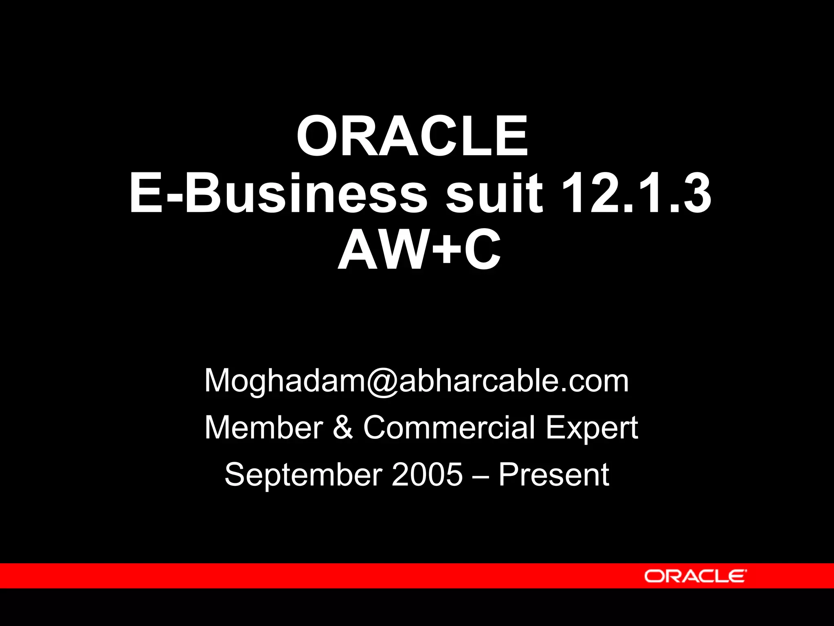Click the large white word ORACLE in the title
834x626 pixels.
[x=412, y=136]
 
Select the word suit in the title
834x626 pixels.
[x=494, y=193]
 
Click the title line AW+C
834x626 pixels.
[x=419, y=249]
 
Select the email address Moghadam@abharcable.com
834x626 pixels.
[x=417, y=381]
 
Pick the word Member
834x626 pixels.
[x=263, y=428]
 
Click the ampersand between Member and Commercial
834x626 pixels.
[x=343, y=428]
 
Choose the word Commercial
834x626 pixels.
[x=449, y=428]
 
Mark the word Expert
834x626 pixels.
[x=591, y=428]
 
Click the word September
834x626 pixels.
[x=303, y=475]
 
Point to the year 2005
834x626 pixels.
[x=427, y=474]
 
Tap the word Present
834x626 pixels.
[x=554, y=474]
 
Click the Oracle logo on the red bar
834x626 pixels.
[x=695, y=576]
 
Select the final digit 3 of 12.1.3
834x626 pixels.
[x=697, y=193]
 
